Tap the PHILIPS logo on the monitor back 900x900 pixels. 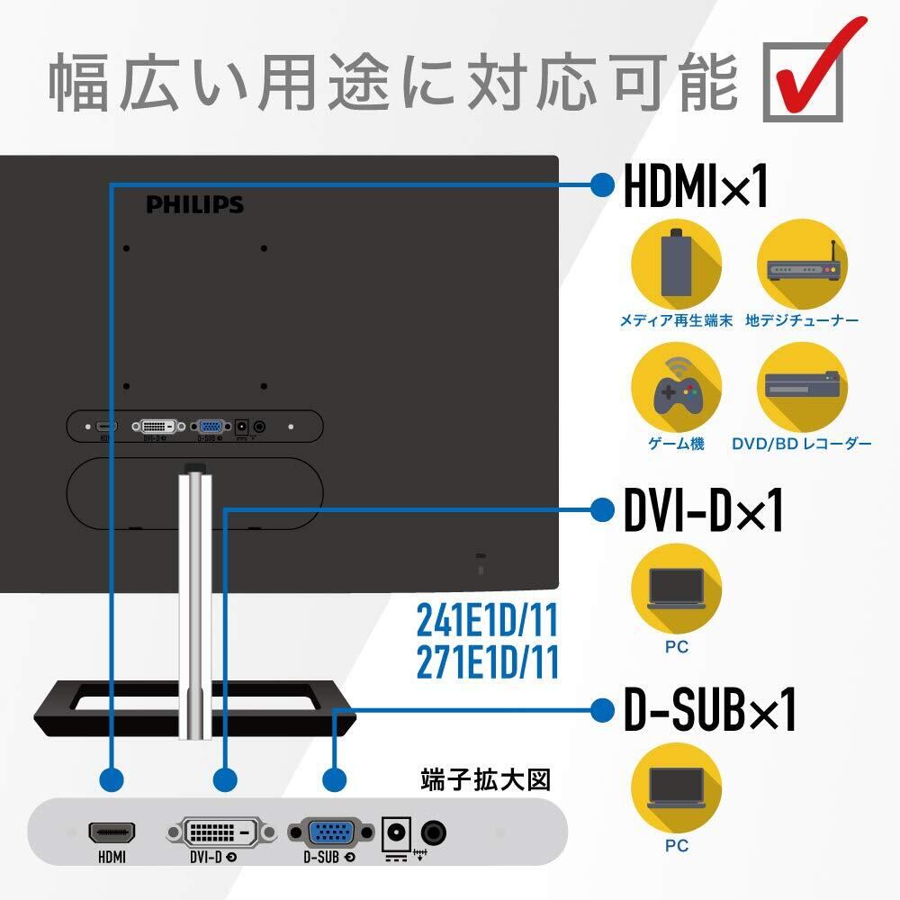[195, 205]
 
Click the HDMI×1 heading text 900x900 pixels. [696, 185]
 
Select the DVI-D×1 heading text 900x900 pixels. [703, 511]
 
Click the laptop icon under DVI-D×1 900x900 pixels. [676, 589]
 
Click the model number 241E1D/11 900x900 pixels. [487, 620]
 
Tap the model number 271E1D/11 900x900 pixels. [487, 662]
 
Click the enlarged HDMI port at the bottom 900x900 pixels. [112, 832]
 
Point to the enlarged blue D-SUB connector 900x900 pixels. [330, 832]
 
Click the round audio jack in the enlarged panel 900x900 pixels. [434, 832]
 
